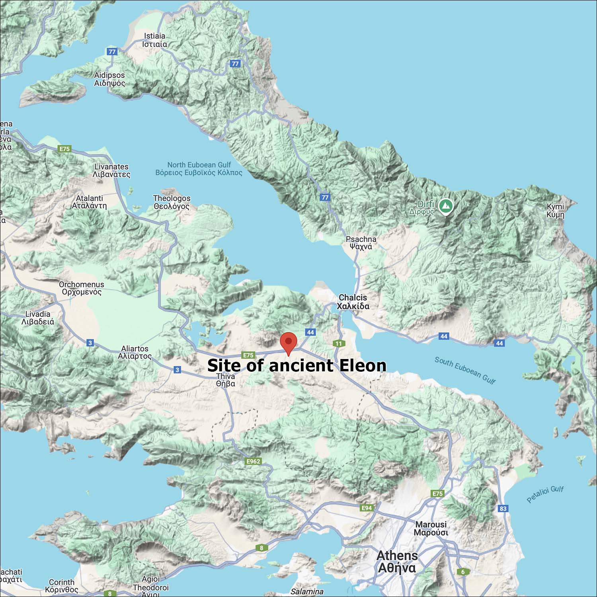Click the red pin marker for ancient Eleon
289,343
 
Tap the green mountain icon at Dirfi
445,206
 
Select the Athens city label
397,562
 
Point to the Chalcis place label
353,302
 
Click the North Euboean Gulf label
199,169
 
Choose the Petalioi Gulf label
545,494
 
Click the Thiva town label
226,380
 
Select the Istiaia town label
154,40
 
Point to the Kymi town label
555,211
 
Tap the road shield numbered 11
338,343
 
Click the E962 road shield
253,461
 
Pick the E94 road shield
366,508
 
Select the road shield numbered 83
503,508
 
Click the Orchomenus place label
82,288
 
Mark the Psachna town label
361,243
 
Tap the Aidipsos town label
109,79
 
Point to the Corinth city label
62,586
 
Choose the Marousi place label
431,529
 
